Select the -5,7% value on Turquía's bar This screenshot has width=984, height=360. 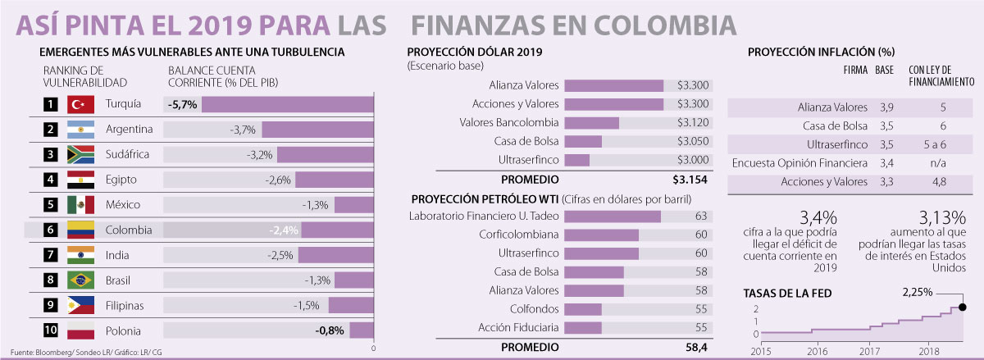click(x=181, y=105)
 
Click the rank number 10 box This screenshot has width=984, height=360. click(x=51, y=330)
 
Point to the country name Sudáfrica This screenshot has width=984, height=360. click(x=130, y=154)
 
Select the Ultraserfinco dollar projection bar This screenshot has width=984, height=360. click(x=576, y=159)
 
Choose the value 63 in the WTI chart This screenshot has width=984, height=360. click(x=700, y=216)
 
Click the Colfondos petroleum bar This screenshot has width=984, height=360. click(x=583, y=309)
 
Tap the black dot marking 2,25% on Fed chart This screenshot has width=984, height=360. click(x=962, y=308)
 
